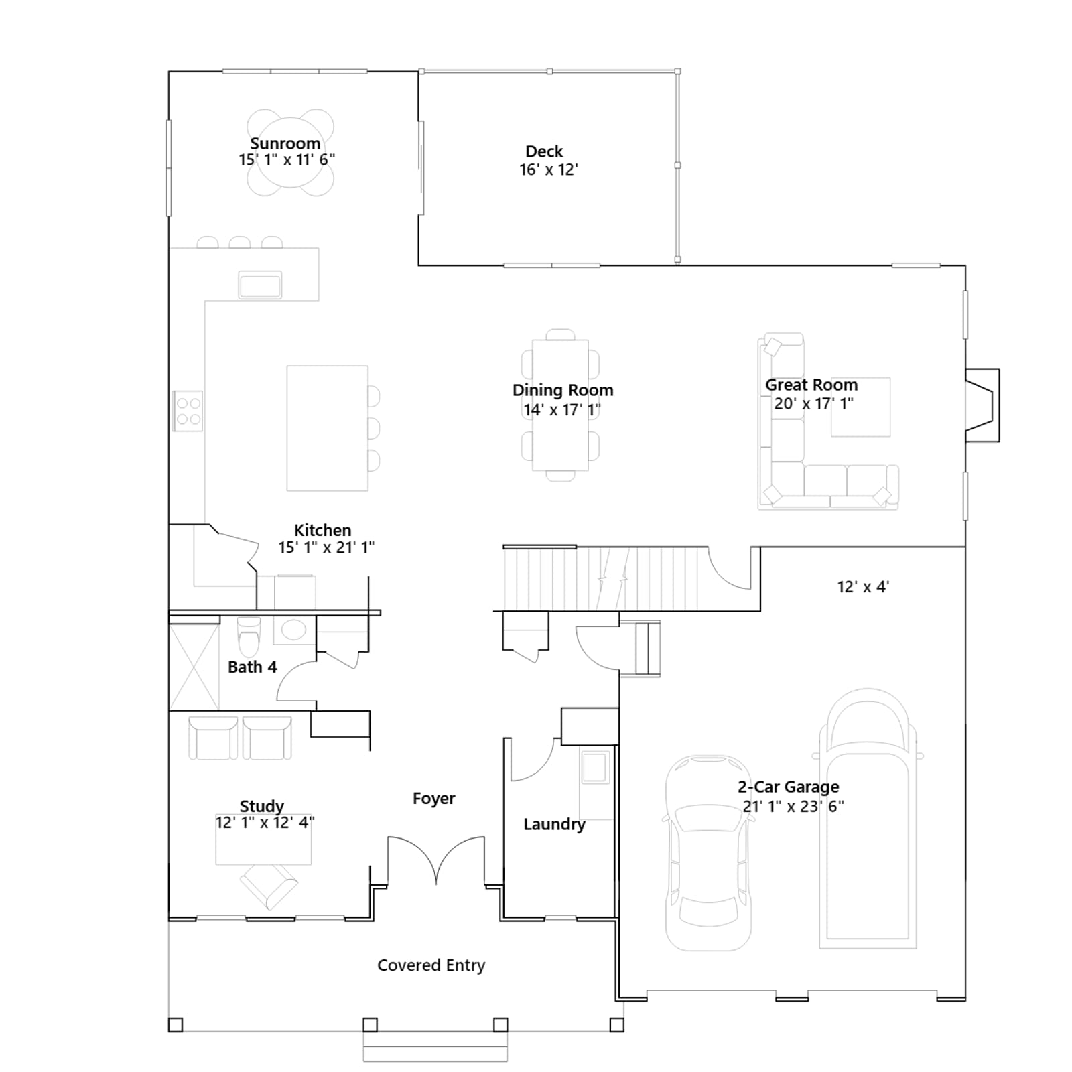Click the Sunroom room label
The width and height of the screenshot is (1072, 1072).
tap(285, 143)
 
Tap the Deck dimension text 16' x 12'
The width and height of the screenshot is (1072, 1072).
tap(549, 170)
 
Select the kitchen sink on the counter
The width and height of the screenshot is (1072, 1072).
tap(260, 285)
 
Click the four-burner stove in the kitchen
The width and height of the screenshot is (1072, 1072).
tap(188, 411)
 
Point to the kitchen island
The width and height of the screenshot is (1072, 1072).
tap(327, 428)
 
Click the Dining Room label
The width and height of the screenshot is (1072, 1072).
tap(563, 390)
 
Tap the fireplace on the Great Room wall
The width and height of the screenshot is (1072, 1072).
tap(982, 405)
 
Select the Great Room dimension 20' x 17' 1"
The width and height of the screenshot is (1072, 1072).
tap(814, 403)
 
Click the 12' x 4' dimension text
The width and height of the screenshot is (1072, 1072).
tap(863, 587)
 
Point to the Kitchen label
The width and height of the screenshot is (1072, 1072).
tap(322, 530)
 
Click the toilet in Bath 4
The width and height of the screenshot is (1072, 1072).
tap(249, 636)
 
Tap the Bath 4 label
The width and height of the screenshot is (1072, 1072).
tap(252, 667)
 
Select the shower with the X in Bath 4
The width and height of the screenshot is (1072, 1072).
tap(194, 667)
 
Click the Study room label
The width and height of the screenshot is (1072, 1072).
tap(262, 806)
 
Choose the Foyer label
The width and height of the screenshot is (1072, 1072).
tap(433, 798)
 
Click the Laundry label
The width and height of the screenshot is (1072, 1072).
tap(554, 824)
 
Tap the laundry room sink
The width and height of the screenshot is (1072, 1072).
tap(596, 767)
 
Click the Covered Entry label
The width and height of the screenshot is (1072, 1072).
tap(431, 965)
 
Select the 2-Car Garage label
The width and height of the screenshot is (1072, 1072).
tap(788, 787)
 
